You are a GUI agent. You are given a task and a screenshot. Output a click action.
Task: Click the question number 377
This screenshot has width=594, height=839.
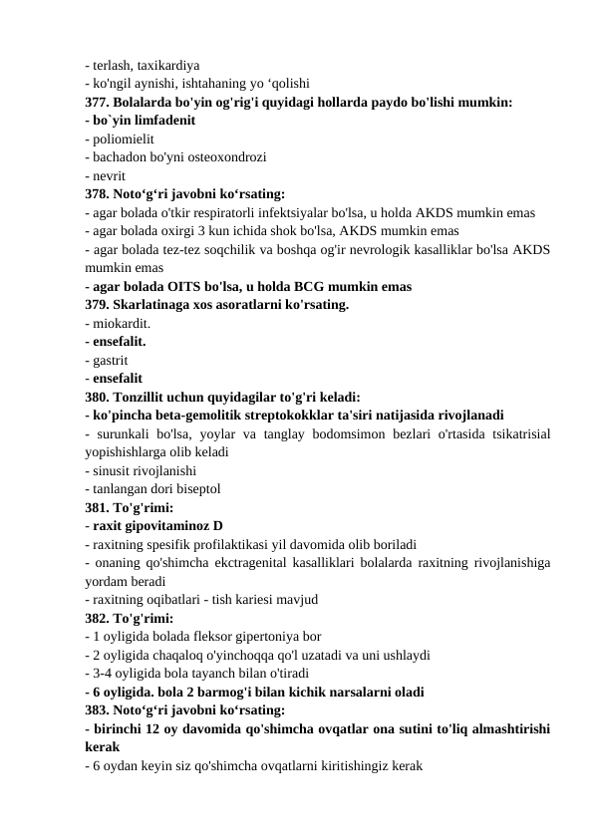97,102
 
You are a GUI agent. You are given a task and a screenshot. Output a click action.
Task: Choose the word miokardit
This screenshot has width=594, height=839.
121,323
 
